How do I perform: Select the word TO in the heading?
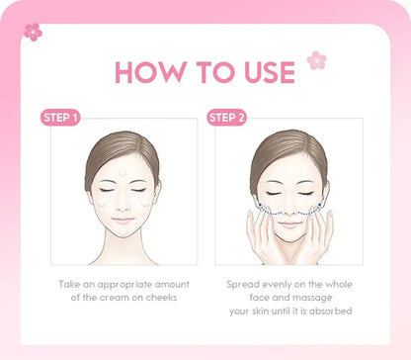tap(205, 72)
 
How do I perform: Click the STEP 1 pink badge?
tap(60, 118)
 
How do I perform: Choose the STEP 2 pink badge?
tap(228, 118)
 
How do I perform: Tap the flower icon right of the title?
tap(316, 60)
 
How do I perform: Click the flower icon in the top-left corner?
tap(33, 32)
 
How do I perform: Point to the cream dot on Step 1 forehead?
tap(123, 172)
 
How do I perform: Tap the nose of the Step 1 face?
tap(123, 204)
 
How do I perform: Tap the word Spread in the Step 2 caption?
tap(244, 284)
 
